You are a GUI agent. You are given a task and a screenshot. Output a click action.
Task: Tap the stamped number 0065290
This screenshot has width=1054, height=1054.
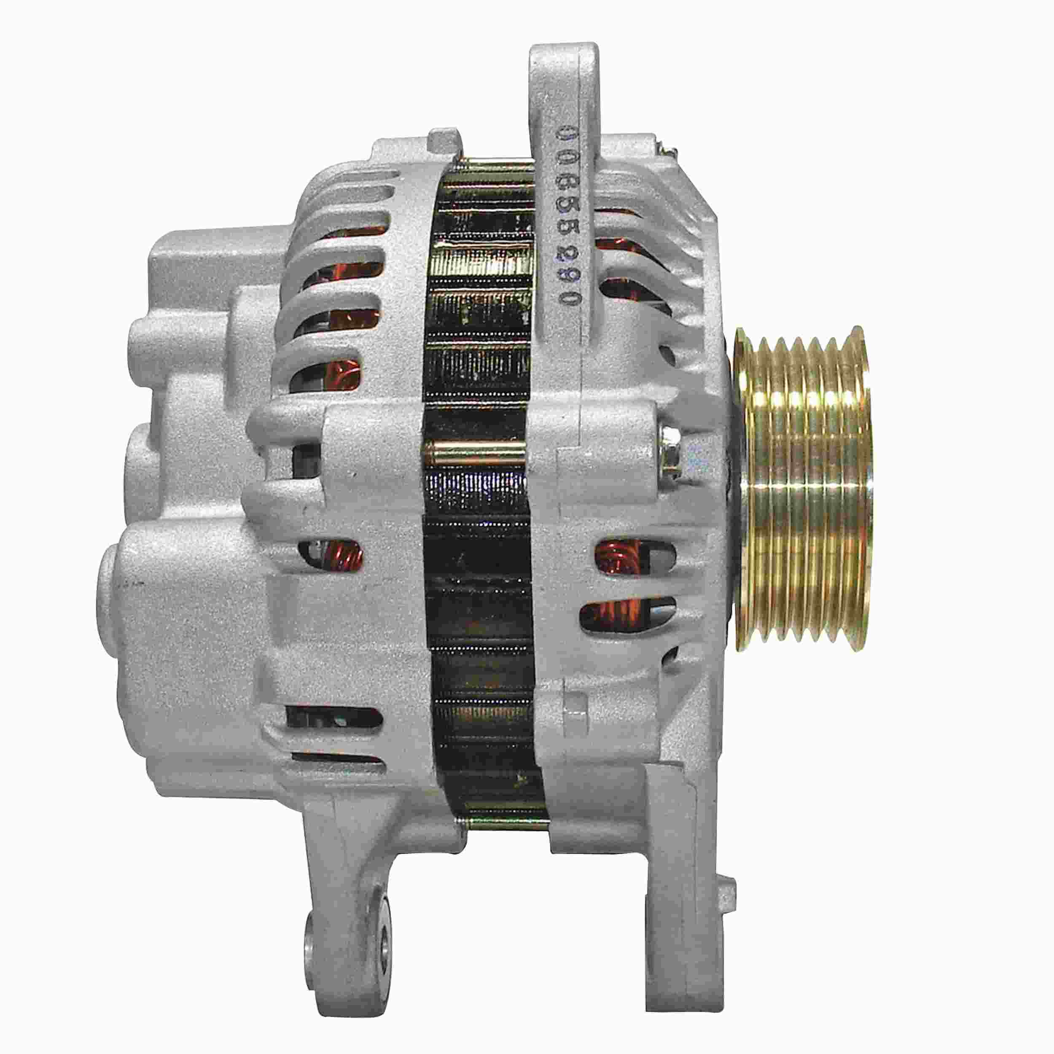(x=566, y=218)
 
